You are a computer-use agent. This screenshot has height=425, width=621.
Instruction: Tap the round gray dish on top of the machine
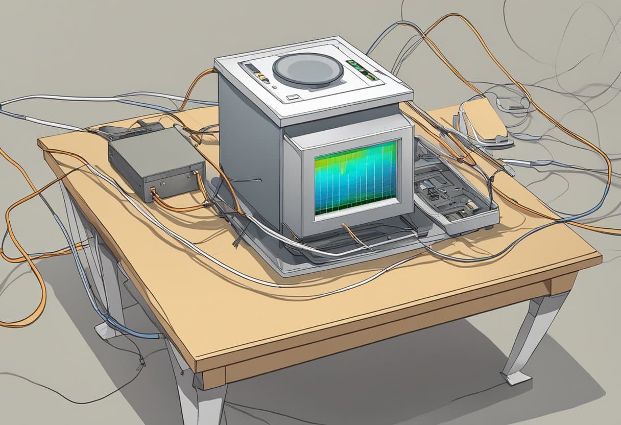307,68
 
